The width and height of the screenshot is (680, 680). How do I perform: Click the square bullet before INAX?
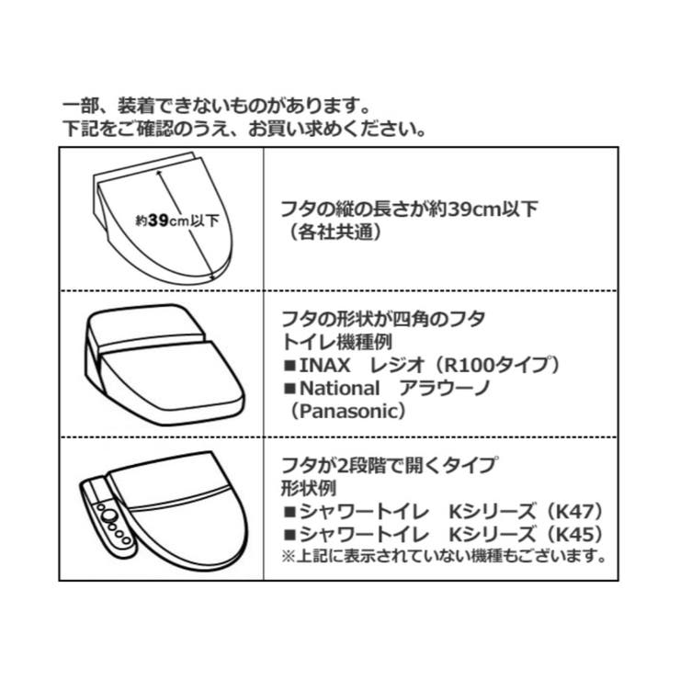(288, 365)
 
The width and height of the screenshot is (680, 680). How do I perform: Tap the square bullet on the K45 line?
(288, 533)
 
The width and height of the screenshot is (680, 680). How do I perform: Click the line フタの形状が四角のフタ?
(382, 319)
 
